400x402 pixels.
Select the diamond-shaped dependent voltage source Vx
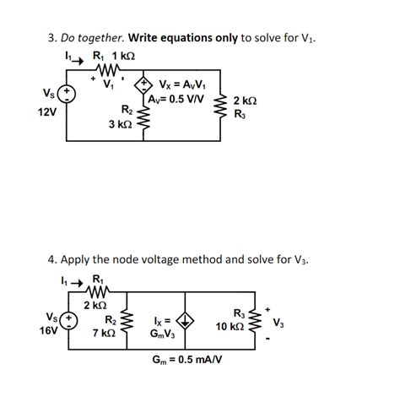pos(144,84)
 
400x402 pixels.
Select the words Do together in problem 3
pos(95,37)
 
